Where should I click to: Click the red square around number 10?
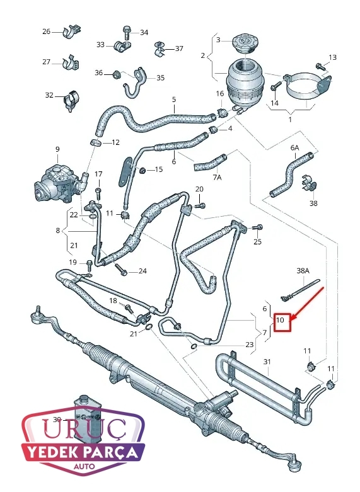[274, 323]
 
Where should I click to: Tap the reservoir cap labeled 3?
[244, 44]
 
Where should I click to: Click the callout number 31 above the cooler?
[267, 362]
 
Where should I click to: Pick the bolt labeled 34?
[127, 33]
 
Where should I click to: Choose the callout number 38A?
[303, 270]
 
